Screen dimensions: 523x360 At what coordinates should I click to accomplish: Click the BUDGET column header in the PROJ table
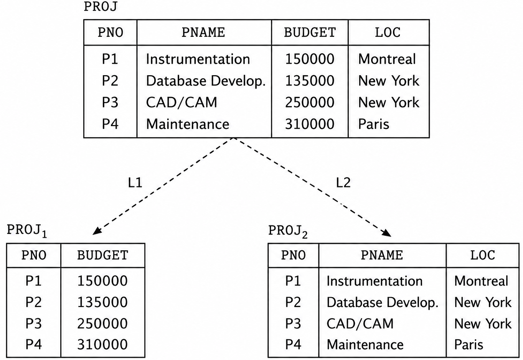click(310, 32)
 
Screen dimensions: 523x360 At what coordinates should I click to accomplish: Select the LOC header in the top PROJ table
click(388, 32)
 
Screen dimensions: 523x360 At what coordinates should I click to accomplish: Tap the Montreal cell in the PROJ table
click(387, 59)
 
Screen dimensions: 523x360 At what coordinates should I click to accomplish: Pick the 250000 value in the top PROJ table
click(310, 102)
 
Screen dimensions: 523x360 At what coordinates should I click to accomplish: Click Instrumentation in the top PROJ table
click(198, 59)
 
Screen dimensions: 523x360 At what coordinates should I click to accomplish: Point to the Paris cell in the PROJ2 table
click(469, 345)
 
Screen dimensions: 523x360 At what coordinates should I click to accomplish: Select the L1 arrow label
click(135, 182)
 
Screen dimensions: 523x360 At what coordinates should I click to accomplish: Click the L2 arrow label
click(343, 182)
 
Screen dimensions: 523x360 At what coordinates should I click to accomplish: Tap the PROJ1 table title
click(27, 231)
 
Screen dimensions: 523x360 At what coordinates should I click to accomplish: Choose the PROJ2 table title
click(288, 232)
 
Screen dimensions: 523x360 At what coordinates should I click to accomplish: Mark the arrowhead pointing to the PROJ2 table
click(387, 233)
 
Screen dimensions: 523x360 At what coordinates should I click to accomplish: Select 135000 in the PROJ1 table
click(102, 302)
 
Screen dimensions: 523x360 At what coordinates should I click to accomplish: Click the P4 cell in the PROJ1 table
click(34, 344)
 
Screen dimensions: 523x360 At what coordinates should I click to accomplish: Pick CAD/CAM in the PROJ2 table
click(360, 324)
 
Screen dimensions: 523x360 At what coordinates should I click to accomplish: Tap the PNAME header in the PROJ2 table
click(382, 255)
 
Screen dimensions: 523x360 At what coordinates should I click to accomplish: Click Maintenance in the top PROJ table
click(188, 124)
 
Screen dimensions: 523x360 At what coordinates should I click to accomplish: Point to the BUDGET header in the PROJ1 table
click(103, 255)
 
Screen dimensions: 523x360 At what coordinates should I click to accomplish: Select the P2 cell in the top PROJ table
click(110, 81)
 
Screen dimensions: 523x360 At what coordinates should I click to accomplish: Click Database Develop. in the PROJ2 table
click(383, 302)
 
